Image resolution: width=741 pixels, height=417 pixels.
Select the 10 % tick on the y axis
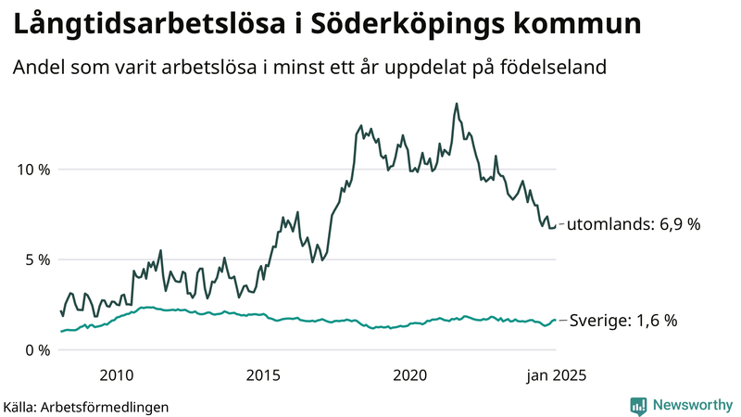click(x=31, y=170)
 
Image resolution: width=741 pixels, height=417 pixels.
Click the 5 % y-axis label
click(x=35, y=259)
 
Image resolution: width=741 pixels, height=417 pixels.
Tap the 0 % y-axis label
click(x=35, y=349)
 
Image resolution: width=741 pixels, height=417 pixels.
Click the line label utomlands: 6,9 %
click(x=634, y=224)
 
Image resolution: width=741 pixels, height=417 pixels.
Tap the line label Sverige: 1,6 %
click(x=622, y=321)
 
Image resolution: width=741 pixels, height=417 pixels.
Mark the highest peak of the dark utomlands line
click(x=456, y=104)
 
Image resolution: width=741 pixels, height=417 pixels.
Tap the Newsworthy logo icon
click(x=638, y=405)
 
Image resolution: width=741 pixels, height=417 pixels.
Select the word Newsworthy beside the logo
click(x=693, y=405)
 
